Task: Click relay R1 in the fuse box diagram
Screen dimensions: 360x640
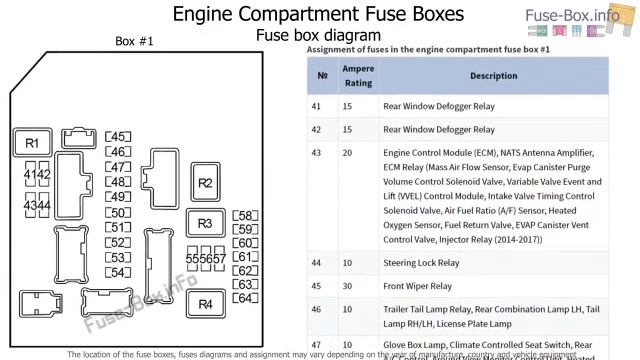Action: [32, 143]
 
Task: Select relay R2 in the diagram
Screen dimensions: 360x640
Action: [205, 182]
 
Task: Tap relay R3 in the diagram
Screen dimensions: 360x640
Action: [205, 223]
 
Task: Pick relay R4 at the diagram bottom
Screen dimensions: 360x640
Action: [205, 304]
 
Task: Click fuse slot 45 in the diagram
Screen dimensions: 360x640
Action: [118, 137]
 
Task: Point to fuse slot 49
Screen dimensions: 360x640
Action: [118, 197]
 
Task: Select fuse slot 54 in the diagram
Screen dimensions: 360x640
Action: [118, 272]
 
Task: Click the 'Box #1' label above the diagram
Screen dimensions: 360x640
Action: [135, 41]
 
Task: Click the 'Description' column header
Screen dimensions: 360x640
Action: [465, 76]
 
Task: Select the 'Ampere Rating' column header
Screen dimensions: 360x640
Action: [358, 76]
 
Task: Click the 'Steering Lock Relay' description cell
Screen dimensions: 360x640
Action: [421, 263]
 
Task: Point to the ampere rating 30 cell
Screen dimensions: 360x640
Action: [347, 286]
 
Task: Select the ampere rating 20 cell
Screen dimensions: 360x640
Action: [347, 153]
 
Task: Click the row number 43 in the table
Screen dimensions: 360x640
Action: [317, 153]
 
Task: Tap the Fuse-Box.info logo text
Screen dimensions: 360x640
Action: [585, 15]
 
